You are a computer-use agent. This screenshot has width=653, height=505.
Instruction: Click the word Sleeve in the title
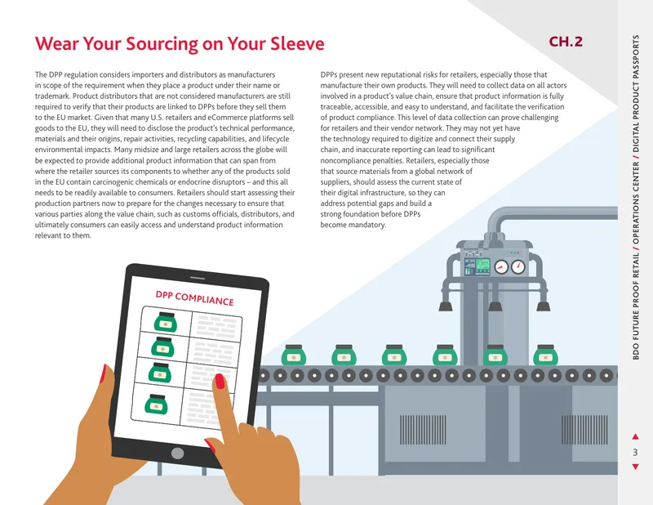point(297,43)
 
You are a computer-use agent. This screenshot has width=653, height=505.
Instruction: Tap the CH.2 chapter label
point(566,42)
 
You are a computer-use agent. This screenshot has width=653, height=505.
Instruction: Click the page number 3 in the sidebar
point(635,452)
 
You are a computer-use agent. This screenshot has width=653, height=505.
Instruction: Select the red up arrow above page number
point(635,436)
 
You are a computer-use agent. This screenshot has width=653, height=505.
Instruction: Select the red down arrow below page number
point(635,467)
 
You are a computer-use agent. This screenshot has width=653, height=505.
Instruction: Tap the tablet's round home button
point(177,453)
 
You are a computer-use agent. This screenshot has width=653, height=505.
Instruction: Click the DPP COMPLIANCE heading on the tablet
point(194,298)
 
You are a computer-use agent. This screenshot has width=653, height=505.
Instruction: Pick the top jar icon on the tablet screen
point(166,322)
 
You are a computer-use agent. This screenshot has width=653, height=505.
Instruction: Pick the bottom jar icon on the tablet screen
point(156,404)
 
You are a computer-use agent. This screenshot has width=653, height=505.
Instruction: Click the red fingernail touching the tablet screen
point(220,381)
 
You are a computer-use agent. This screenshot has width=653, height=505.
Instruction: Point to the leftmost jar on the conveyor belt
point(294,355)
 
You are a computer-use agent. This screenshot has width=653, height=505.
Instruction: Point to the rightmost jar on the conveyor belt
point(545,355)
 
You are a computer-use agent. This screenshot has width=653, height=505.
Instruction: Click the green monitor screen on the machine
point(482,266)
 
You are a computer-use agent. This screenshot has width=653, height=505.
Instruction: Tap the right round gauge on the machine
point(518,267)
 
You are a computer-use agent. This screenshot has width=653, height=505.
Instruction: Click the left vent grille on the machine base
point(423,430)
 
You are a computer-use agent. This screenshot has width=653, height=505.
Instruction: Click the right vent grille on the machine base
point(584,430)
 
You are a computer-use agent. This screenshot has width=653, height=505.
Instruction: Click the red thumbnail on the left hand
point(103,374)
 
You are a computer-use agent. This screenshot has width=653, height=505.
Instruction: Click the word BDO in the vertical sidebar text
point(636,351)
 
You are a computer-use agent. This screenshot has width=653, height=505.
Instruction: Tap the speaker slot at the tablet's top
point(197,278)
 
